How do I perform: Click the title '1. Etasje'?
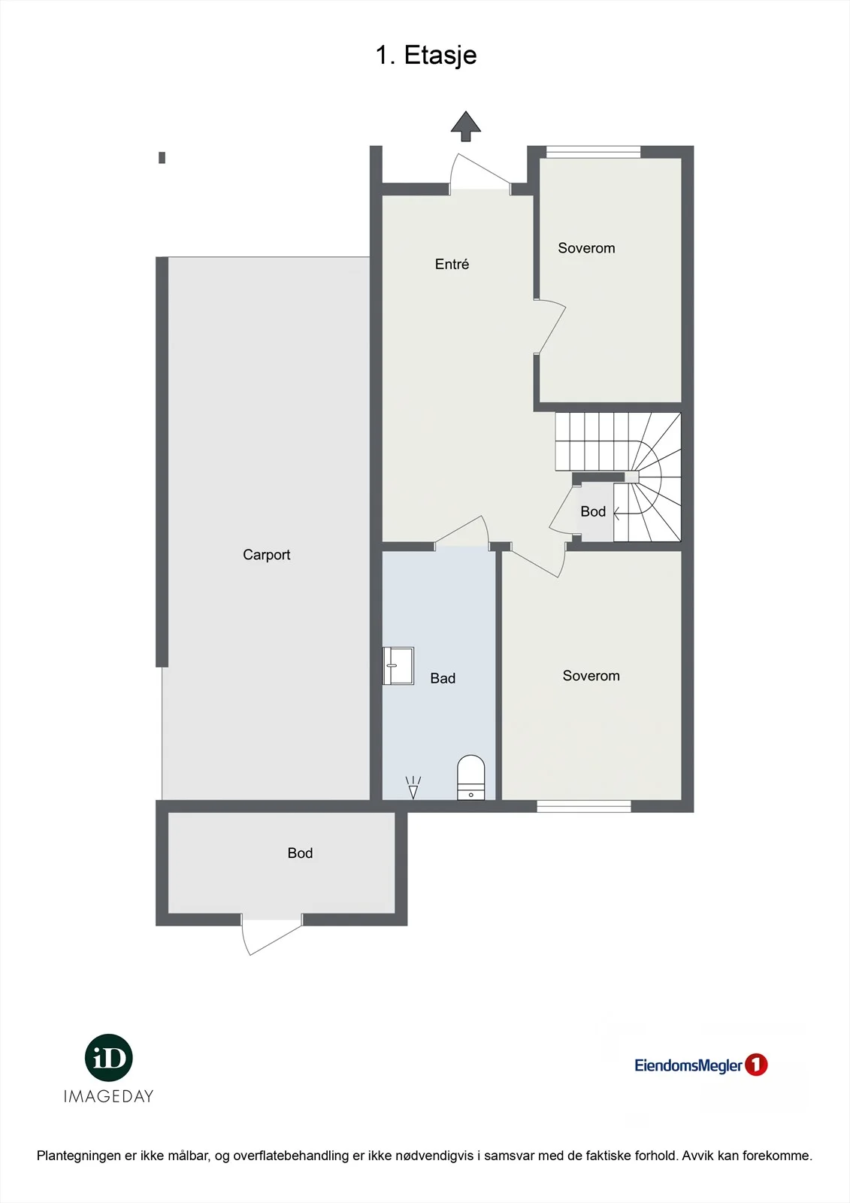(x=426, y=56)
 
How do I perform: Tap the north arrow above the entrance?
(x=465, y=126)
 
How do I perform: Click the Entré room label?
(x=452, y=264)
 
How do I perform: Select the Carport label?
(x=266, y=554)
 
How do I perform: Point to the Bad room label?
(x=443, y=678)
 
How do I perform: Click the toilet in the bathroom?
(x=470, y=777)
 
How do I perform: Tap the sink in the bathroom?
(x=398, y=665)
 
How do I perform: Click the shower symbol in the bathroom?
(x=413, y=787)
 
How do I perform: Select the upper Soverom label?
(x=586, y=248)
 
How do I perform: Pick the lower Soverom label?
(x=591, y=676)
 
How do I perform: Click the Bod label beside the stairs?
(x=593, y=511)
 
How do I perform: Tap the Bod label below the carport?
(x=300, y=853)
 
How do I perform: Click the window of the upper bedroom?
(x=593, y=152)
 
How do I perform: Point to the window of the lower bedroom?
(x=584, y=806)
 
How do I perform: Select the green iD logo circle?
(x=108, y=1057)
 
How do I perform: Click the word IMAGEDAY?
(x=108, y=1096)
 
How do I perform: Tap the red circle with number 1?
(x=756, y=1065)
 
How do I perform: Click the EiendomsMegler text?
(x=688, y=1065)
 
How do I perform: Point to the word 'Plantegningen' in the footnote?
(x=79, y=1156)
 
